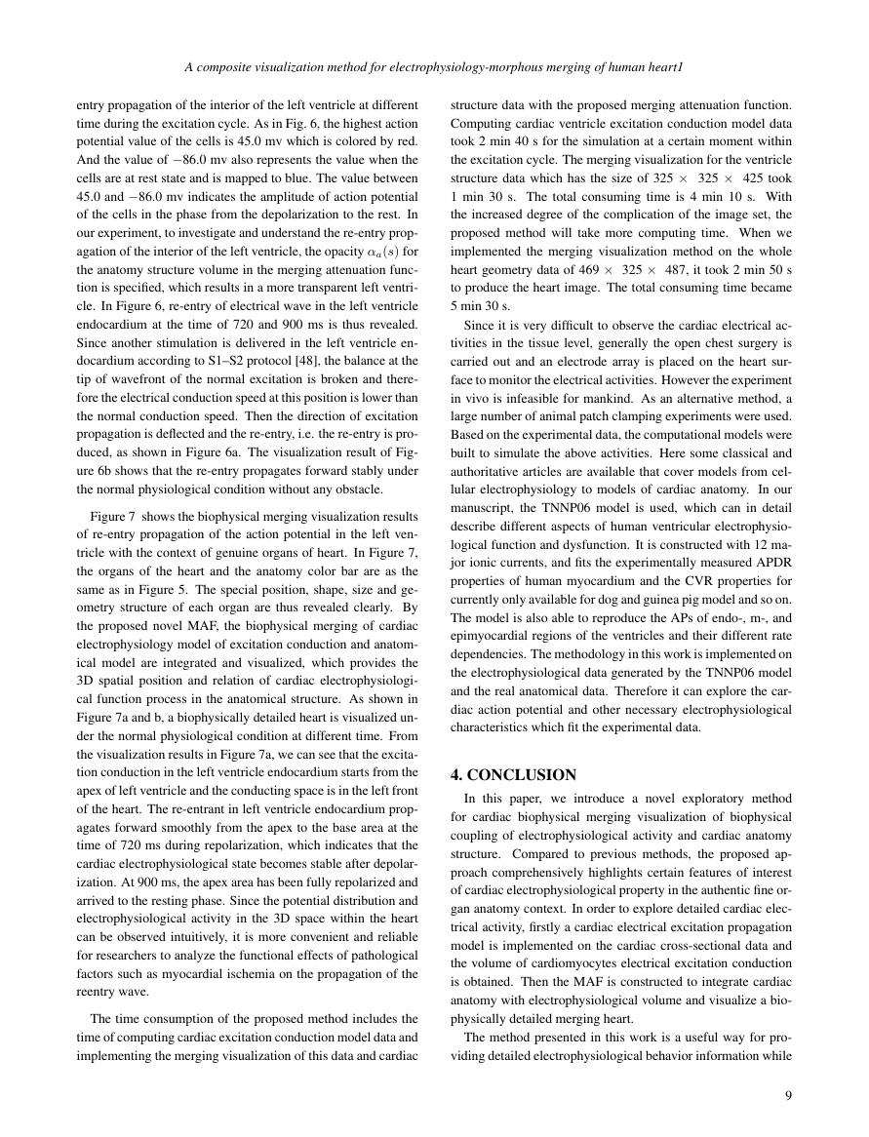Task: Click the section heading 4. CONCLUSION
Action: point(513,775)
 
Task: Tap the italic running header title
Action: point(434,68)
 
